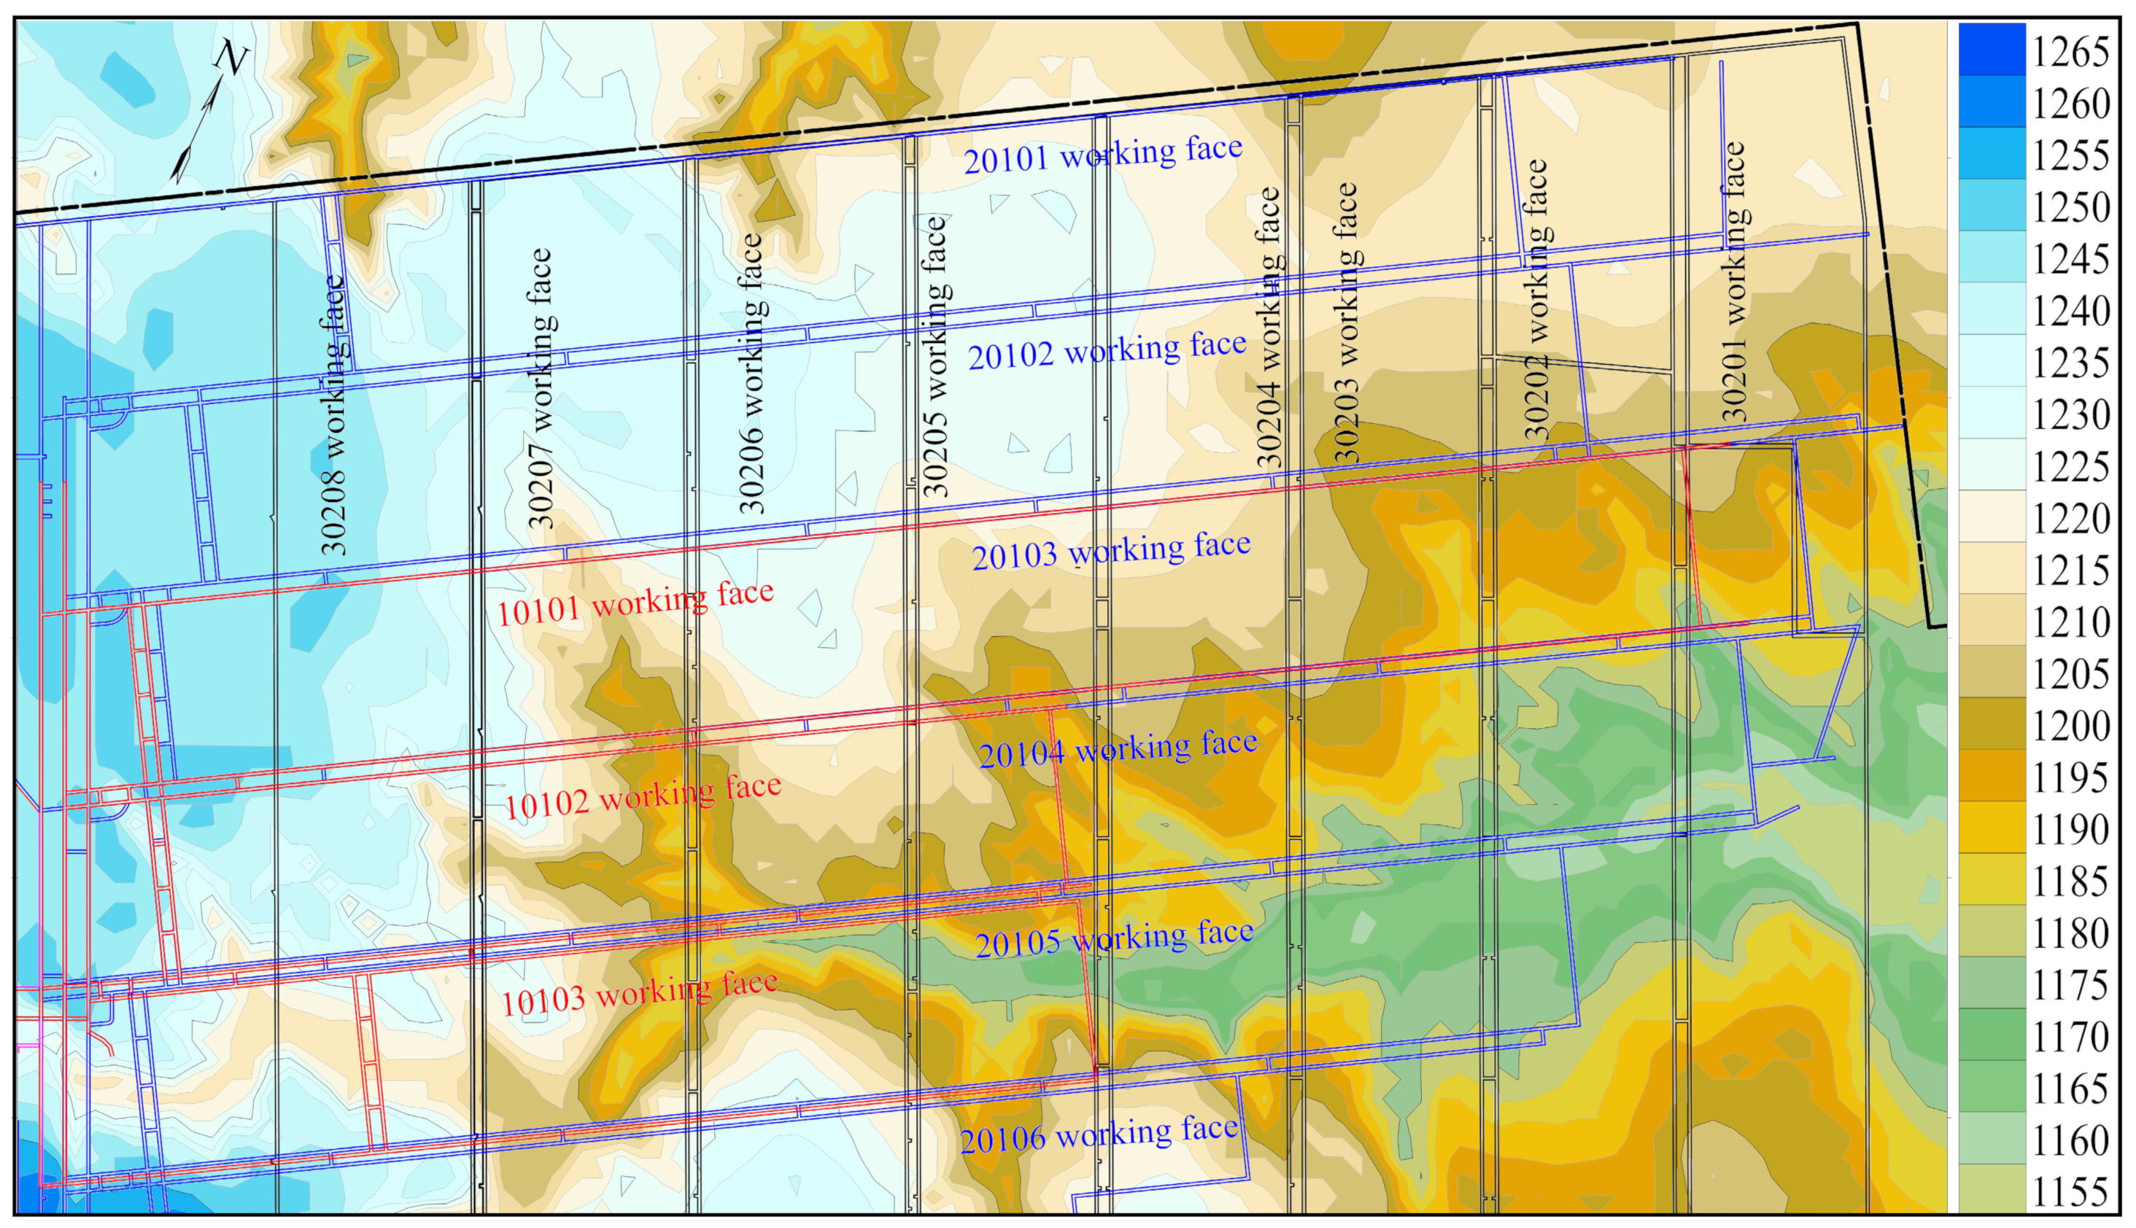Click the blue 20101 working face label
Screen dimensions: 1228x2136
[x=1102, y=155]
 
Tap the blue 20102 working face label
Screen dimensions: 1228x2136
[x=1107, y=350]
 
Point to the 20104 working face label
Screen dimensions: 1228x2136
[x=1118, y=748]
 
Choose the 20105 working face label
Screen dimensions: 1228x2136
[x=1114, y=939]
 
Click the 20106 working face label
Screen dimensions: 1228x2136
[x=1099, y=1135]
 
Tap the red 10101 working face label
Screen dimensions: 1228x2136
[x=634, y=603]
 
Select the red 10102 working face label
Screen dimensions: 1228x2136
[x=642, y=796]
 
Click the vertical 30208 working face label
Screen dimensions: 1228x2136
[x=334, y=415]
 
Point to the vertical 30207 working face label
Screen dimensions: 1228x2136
[x=540, y=388]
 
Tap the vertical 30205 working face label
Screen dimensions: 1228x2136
[x=935, y=356]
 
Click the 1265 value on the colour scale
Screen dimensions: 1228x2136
[x=2070, y=53]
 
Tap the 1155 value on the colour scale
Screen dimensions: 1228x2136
[x=2070, y=1192]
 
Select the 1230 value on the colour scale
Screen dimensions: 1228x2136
[x=2070, y=415]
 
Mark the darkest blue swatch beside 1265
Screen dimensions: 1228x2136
[x=1991, y=49]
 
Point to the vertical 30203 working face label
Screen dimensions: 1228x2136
[x=1346, y=323]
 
